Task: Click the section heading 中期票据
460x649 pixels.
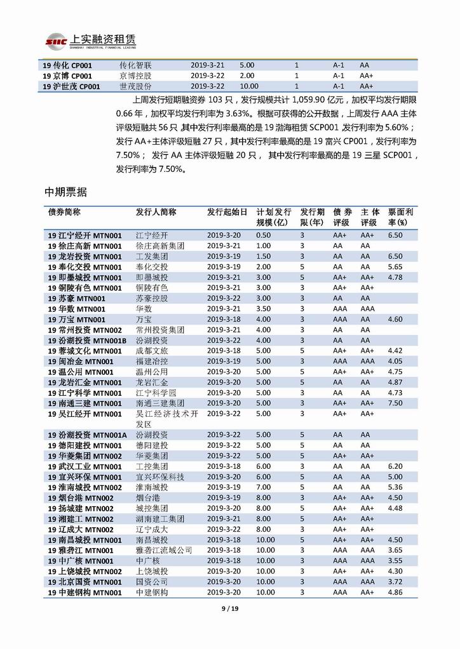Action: [x=65, y=191]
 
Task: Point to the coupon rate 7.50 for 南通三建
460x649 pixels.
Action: [x=395, y=403]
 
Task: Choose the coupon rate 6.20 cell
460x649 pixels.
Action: [x=395, y=466]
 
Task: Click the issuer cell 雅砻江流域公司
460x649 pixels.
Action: [x=164, y=551]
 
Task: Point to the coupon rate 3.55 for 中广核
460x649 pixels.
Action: [x=395, y=561]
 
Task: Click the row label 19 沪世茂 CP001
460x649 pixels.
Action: [x=71, y=86]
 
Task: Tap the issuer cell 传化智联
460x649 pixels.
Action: [x=136, y=65]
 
